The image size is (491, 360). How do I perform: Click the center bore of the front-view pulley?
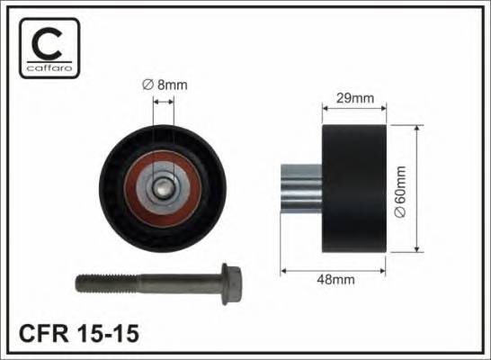tap(163, 188)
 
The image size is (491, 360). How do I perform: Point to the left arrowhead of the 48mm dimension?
tap(285, 268)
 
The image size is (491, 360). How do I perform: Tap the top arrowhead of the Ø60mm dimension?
tap(415, 128)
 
